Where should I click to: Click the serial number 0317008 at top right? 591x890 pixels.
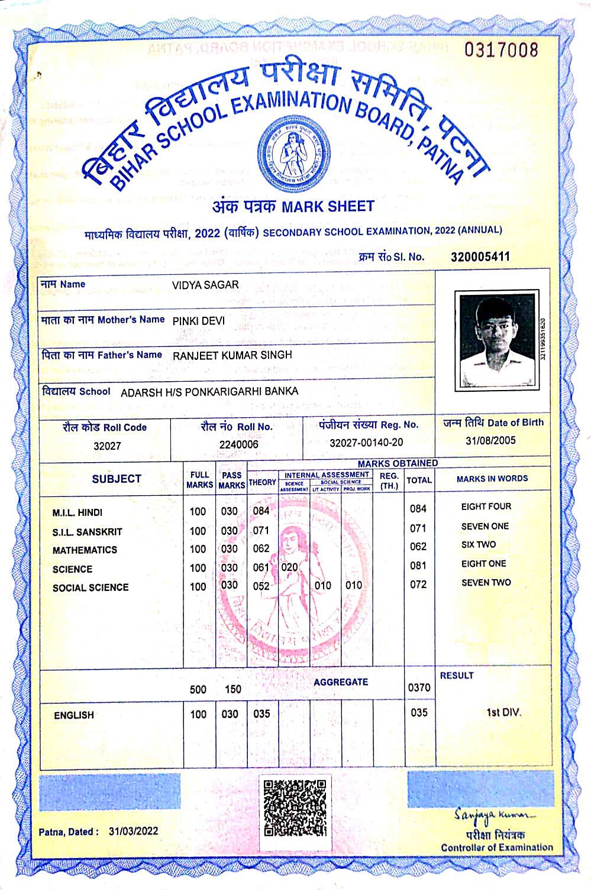(501, 50)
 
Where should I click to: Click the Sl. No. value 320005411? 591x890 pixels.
(480, 256)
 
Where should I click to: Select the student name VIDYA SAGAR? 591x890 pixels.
(205, 285)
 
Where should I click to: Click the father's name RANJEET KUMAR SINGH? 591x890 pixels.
(232, 355)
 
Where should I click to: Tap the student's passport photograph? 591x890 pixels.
(496, 340)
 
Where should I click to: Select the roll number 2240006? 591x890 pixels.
(238, 444)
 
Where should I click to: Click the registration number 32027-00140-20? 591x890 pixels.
(366, 443)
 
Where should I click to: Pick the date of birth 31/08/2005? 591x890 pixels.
(490, 440)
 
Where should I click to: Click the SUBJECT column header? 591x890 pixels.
(117, 479)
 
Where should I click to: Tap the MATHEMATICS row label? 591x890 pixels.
(85, 550)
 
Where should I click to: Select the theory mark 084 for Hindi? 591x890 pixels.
(261, 511)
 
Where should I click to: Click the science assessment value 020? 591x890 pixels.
(289, 567)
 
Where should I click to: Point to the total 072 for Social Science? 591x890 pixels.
(418, 584)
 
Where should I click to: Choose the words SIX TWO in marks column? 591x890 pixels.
(479, 545)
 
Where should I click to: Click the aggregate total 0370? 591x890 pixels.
(419, 688)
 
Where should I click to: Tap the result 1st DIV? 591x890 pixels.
(503, 712)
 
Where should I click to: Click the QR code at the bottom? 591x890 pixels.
(295, 808)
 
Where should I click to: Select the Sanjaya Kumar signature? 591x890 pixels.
(494, 816)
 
